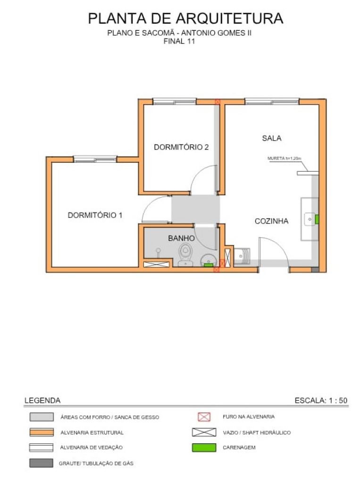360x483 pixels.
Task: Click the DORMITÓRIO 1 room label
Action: coord(95,215)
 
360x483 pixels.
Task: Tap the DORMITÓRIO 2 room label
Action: coord(181,147)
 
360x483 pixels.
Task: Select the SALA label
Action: coord(272,138)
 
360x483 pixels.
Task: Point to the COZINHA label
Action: coord(272,221)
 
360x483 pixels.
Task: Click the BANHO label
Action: coord(181,238)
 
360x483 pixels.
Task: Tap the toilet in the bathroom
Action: coord(185,254)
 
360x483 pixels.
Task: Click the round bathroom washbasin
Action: coord(209,260)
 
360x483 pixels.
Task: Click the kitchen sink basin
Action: coord(310,219)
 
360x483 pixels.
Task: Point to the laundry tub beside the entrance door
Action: coord(242,256)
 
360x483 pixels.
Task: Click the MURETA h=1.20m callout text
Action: coord(284,158)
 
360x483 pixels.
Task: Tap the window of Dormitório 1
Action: coord(95,159)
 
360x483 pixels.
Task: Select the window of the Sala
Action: coord(272,101)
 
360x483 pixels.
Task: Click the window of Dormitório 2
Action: coord(175,101)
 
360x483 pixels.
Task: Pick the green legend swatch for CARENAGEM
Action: coord(204,448)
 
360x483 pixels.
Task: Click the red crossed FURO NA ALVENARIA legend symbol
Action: coord(204,417)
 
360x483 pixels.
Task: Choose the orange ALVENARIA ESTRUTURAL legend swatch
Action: coord(42,432)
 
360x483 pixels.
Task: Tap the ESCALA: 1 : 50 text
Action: coord(321,400)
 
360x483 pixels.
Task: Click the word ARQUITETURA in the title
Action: coord(229,18)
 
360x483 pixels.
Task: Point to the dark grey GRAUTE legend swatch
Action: coord(42,463)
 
